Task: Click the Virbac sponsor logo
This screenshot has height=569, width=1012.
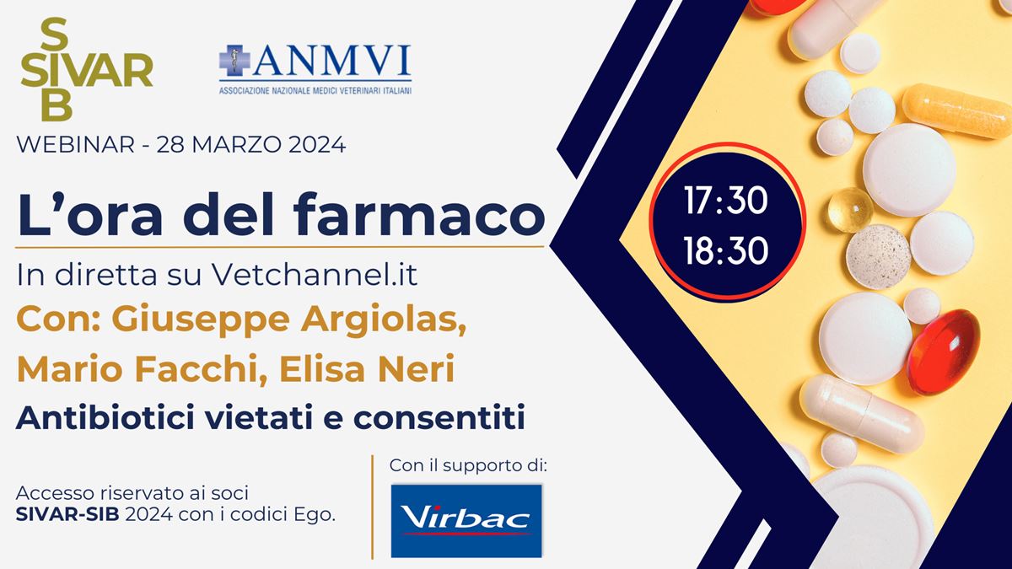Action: (x=466, y=521)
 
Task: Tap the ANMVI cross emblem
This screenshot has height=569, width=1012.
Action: (x=234, y=60)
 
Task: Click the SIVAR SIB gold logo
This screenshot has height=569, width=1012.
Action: (x=86, y=69)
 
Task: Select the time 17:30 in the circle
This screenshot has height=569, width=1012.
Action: (x=726, y=200)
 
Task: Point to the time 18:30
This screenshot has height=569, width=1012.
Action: (x=726, y=250)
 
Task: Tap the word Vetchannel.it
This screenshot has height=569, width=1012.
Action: (x=315, y=275)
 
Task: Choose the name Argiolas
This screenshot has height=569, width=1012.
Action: (x=384, y=319)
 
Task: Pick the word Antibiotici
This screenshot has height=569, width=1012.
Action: (x=105, y=418)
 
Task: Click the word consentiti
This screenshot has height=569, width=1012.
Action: (x=439, y=418)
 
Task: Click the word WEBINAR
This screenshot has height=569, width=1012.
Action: (x=75, y=145)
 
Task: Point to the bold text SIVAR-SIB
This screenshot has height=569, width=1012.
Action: (x=67, y=515)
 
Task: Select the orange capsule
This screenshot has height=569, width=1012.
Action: (x=956, y=110)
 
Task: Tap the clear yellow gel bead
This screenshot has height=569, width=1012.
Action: (x=850, y=210)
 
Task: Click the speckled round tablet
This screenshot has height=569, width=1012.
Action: (x=878, y=256)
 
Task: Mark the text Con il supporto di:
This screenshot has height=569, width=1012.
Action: (x=468, y=465)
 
